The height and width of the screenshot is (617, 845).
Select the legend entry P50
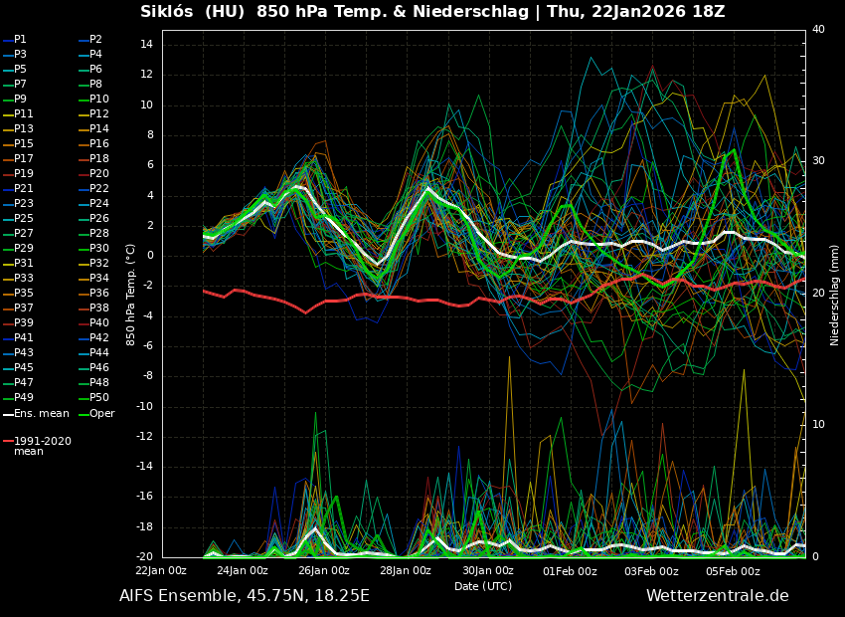(x=99, y=398)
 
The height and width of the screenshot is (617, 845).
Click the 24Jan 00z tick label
(x=243, y=571)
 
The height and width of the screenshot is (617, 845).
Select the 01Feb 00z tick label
(x=570, y=571)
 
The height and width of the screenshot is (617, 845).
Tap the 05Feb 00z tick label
(x=733, y=571)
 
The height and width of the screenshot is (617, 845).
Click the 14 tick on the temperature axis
(x=144, y=45)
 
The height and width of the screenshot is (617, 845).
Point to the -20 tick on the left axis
(x=142, y=557)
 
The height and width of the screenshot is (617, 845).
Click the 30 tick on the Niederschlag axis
(x=818, y=161)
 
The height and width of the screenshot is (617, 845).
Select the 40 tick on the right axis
(x=818, y=30)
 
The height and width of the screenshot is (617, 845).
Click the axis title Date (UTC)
(x=483, y=587)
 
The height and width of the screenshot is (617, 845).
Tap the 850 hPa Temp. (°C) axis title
(x=131, y=294)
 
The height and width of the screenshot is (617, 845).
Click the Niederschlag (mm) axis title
(x=835, y=294)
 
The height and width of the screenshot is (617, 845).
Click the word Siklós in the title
(x=173, y=12)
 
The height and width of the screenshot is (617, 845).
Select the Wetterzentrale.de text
(x=717, y=596)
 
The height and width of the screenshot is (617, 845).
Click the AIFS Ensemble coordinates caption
(x=244, y=596)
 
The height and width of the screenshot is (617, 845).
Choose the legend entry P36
(x=99, y=294)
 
